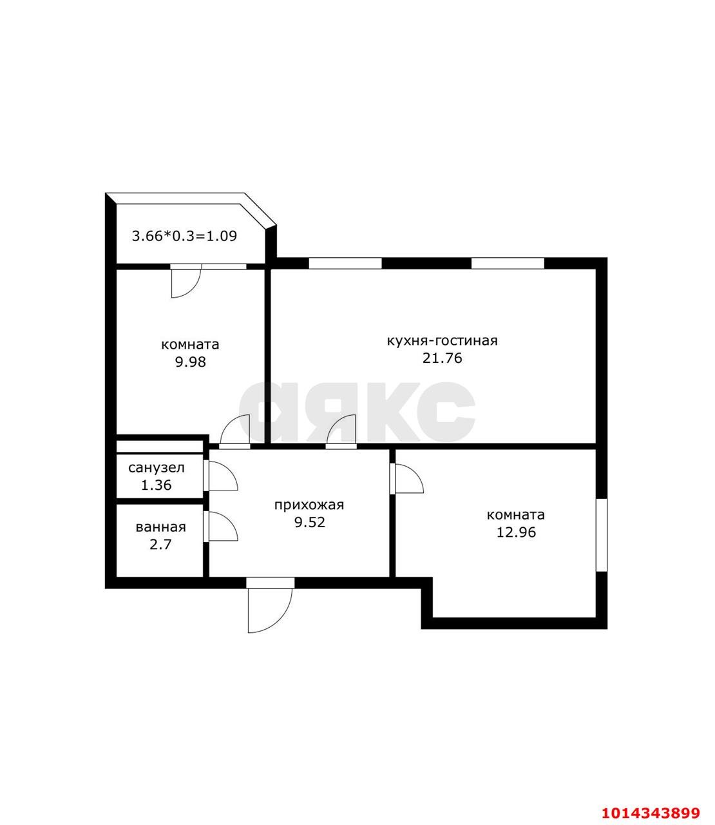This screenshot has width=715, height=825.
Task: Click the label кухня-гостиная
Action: point(442,341)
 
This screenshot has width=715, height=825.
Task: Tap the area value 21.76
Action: point(442,358)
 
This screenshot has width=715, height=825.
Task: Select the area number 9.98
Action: point(190,362)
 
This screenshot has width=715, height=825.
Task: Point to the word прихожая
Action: point(309,505)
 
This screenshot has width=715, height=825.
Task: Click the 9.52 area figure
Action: point(310,523)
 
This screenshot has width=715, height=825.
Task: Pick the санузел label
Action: point(157,468)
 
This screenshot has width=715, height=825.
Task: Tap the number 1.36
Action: point(156,485)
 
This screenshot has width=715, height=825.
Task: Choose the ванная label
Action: point(161,527)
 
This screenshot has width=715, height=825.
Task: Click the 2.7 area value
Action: point(160,545)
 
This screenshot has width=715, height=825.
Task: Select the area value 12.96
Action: point(516,532)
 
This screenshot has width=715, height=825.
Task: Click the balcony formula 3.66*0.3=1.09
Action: point(184,236)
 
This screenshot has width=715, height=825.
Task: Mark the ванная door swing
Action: point(227,520)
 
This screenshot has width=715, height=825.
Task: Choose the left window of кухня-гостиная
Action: point(345,264)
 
